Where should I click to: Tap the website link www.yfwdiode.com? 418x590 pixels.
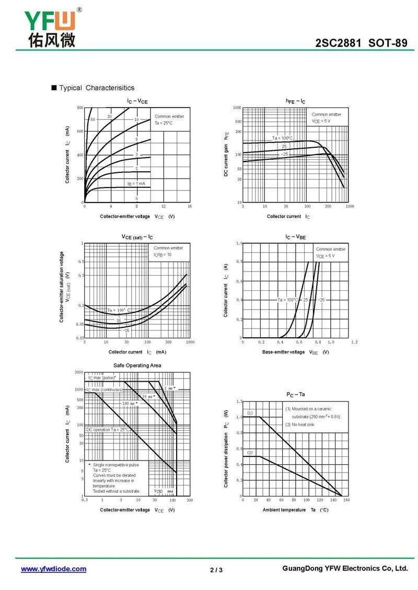pyautogui.click(x=53, y=569)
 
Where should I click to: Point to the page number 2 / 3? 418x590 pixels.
pyautogui.click(x=216, y=570)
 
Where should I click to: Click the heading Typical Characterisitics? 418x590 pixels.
pyautogui.click(x=97, y=88)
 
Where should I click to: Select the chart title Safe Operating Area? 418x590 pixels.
pyautogui.click(x=137, y=365)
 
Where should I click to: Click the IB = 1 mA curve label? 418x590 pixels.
pyautogui.click(x=136, y=184)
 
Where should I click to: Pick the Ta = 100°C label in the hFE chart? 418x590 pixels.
pyautogui.click(x=282, y=138)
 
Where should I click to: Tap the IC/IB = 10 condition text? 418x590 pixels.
pyautogui.click(x=162, y=254)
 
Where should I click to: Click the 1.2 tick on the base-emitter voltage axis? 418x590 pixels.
pyautogui.click(x=354, y=342)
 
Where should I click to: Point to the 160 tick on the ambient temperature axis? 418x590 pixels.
pyautogui.click(x=346, y=500)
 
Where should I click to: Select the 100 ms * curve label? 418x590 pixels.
pyautogui.click(x=130, y=403)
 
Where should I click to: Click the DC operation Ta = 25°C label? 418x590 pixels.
pyautogui.click(x=108, y=429)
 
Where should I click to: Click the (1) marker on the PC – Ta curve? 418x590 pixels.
pyautogui.click(x=250, y=413)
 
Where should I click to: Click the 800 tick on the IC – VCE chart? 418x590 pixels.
pyautogui.click(x=80, y=108)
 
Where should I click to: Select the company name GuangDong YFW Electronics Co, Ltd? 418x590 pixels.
pyautogui.click(x=344, y=569)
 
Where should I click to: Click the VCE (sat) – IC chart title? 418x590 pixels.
pyautogui.click(x=137, y=237)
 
